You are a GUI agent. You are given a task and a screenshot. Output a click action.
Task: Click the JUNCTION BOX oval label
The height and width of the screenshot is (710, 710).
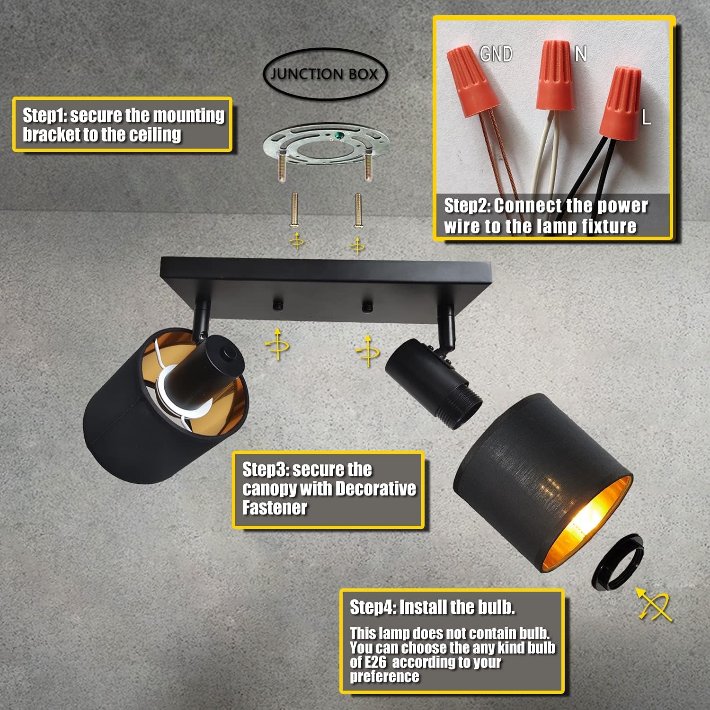pos(325,74)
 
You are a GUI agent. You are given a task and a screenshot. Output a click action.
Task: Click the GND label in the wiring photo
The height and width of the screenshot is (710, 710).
pos(496,54)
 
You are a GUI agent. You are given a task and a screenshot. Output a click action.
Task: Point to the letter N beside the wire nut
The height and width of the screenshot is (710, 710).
pos(581,54)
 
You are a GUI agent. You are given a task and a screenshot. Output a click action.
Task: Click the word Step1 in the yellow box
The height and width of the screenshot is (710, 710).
pos(46,115)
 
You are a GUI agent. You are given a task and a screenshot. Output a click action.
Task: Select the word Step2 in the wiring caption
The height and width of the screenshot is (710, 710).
pos(467,206)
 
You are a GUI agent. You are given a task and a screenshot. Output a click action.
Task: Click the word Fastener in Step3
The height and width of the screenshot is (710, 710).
pos(275,508)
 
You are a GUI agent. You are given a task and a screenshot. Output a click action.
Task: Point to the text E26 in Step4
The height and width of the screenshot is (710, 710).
pos(375,662)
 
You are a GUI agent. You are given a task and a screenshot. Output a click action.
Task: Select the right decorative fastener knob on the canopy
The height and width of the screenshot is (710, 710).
pos(367,306)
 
